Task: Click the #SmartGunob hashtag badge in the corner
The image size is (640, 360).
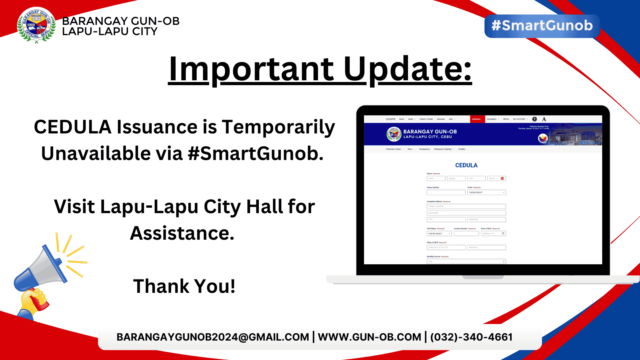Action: pyautogui.click(x=542, y=26)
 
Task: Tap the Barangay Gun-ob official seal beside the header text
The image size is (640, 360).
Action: pyautogui.click(x=36, y=25)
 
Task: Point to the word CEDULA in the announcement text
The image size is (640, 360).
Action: pyautogui.click(x=73, y=127)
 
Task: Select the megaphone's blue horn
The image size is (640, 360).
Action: pyautogui.click(x=43, y=266)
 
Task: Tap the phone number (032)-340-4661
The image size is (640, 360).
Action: pyautogui.click(x=471, y=337)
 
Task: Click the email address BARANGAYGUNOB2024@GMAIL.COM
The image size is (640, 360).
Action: pyautogui.click(x=213, y=337)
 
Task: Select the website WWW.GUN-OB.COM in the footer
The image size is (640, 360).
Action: pyautogui.click(x=369, y=337)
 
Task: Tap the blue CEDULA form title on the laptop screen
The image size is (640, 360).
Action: pyautogui.click(x=466, y=165)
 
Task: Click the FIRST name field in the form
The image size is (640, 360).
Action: pyautogui.click(x=436, y=179)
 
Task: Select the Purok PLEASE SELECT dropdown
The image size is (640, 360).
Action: pyautogui.click(x=487, y=193)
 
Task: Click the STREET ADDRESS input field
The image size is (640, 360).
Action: pyautogui.click(x=466, y=206)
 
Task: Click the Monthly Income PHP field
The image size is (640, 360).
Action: pyautogui.click(x=466, y=261)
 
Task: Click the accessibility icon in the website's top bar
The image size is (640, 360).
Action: pyautogui.click(x=535, y=119)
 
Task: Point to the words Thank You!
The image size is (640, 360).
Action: pyautogui.click(x=184, y=286)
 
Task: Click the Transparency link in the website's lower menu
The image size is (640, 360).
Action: pyautogui.click(x=424, y=149)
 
